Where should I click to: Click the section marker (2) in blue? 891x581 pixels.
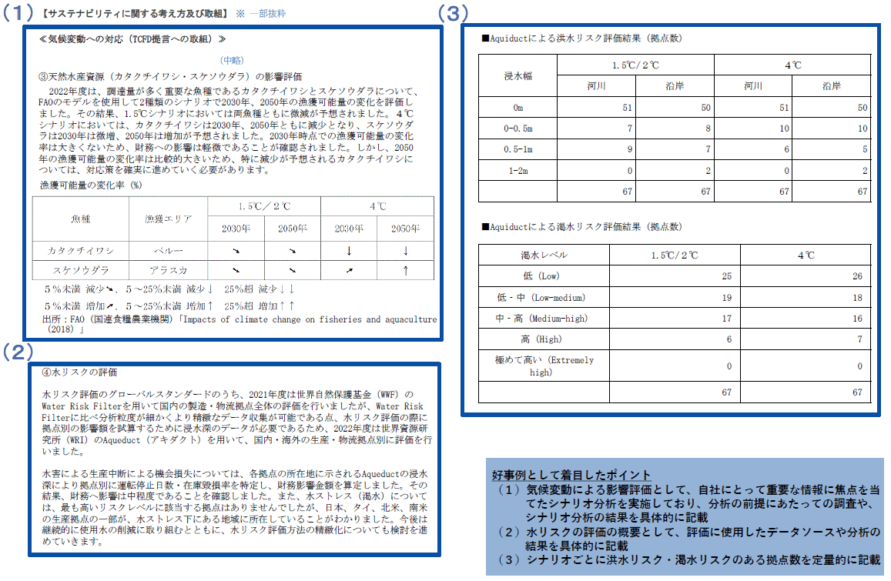tap(16, 352)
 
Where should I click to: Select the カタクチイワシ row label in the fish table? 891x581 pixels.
tap(81, 250)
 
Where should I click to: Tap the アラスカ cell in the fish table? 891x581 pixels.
tap(167, 270)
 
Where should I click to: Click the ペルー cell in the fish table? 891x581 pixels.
tap(167, 250)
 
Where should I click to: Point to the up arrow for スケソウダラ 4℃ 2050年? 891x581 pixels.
tap(405, 270)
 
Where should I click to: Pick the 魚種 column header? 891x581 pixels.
tap(81, 219)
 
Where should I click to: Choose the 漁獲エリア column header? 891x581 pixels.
tap(167, 219)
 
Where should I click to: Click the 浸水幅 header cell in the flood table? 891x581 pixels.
tap(518, 75)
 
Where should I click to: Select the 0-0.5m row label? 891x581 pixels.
tap(518, 128)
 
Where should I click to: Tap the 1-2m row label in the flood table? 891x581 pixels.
tap(518, 170)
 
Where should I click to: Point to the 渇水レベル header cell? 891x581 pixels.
tap(544, 255)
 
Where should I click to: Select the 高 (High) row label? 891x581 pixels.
tap(544, 339)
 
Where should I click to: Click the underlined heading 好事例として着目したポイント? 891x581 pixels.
tap(571, 475)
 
